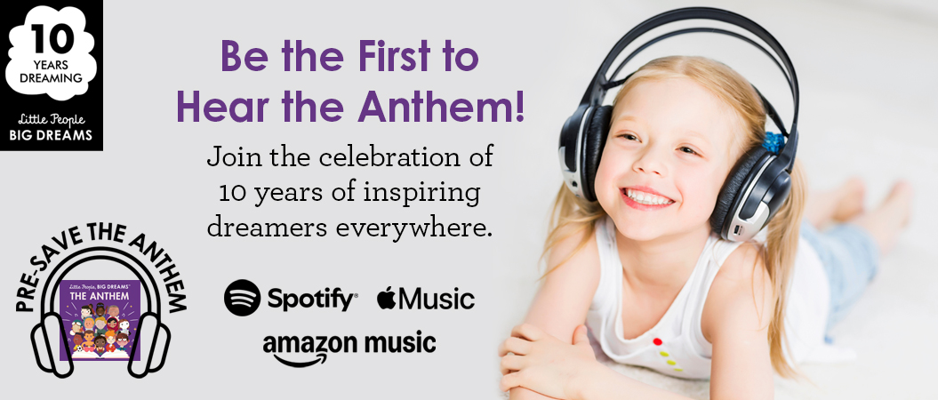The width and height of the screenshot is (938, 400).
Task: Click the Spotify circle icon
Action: point(242,298)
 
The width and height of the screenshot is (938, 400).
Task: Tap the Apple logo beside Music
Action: point(387,297)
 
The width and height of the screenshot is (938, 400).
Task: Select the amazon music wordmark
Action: point(349,348)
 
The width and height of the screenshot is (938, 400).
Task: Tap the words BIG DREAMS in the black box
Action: point(51,135)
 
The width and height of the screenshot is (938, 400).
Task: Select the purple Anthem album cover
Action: point(100,320)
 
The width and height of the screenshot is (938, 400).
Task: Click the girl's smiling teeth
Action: point(648,197)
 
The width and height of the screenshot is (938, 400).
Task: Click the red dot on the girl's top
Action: point(657,342)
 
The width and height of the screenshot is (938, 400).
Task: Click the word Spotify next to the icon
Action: point(312,299)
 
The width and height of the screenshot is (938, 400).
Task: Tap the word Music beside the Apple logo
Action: point(436,298)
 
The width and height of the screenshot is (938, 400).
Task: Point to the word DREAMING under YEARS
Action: point(51,77)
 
